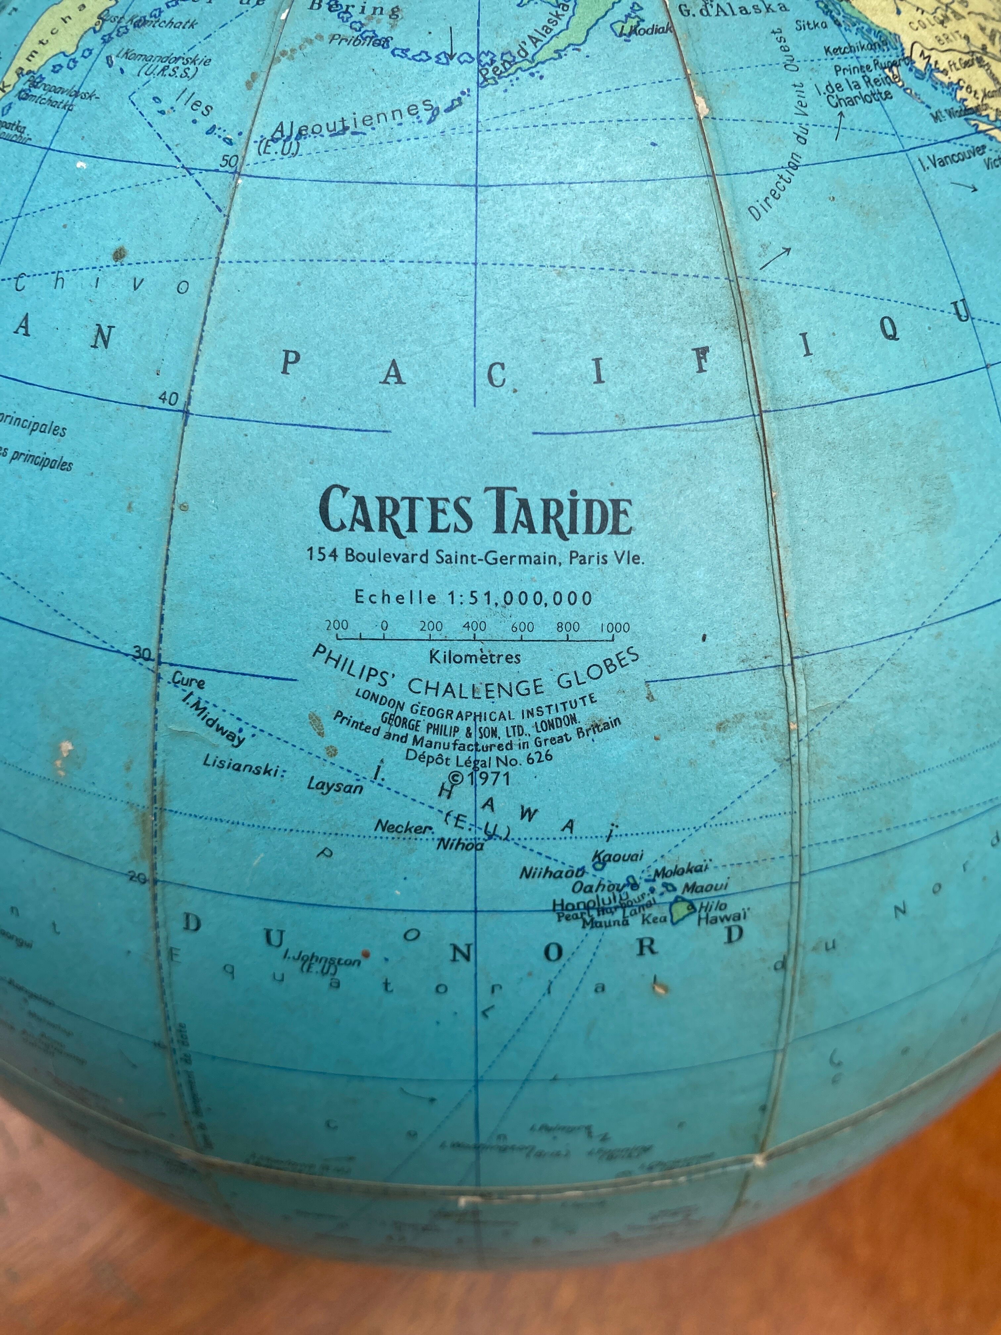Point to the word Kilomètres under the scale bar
474,657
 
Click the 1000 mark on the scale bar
615,628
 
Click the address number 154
322,554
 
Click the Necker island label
404,827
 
